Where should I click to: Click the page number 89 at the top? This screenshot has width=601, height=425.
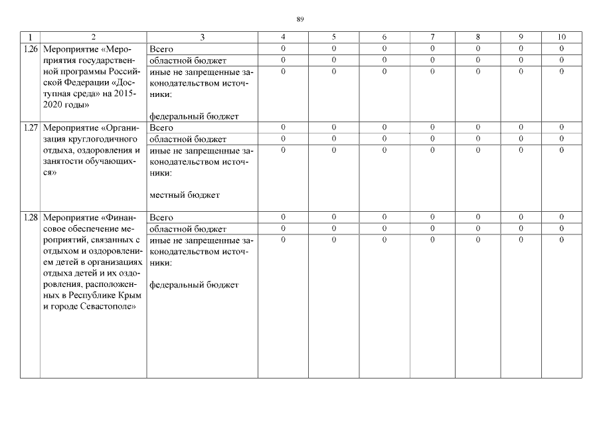coord(300,19)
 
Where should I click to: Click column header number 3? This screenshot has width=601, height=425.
coord(202,37)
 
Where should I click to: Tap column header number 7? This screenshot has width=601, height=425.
coord(432,37)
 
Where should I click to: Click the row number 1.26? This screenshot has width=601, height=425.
coord(30,50)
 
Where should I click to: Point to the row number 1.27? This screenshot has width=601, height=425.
coord(30,127)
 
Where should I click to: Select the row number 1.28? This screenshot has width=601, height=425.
coord(30,218)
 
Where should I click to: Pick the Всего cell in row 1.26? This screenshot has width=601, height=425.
coord(162,49)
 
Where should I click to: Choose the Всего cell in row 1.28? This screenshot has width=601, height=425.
coord(162,218)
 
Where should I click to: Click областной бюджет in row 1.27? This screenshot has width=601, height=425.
coord(189,139)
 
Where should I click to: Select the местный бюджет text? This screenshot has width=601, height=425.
coord(185,195)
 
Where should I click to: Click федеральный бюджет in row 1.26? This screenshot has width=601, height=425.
coord(194,117)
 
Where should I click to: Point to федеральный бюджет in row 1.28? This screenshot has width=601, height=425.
coord(194,286)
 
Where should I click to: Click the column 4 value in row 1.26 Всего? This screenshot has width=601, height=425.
coord(283,49)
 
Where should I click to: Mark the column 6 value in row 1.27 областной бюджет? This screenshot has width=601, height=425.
coord(385,139)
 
